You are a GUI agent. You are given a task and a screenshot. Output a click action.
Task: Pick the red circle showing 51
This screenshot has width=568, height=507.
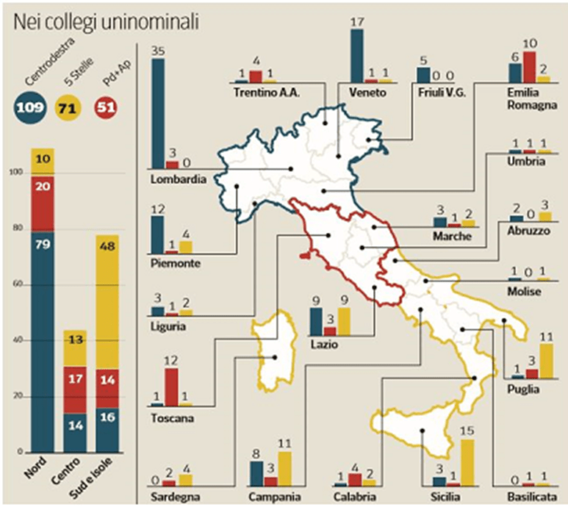[x=108, y=109]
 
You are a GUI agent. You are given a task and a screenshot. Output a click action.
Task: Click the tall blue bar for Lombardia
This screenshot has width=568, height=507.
[x=158, y=113]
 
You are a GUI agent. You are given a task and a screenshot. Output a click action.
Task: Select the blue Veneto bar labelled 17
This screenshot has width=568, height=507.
[x=357, y=56]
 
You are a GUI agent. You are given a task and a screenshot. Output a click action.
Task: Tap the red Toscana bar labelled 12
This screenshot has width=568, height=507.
[x=171, y=386]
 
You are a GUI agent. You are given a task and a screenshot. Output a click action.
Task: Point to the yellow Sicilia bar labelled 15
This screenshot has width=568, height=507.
[x=467, y=462]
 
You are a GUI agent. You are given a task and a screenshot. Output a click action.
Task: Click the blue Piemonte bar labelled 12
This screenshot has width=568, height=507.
[x=157, y=234]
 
